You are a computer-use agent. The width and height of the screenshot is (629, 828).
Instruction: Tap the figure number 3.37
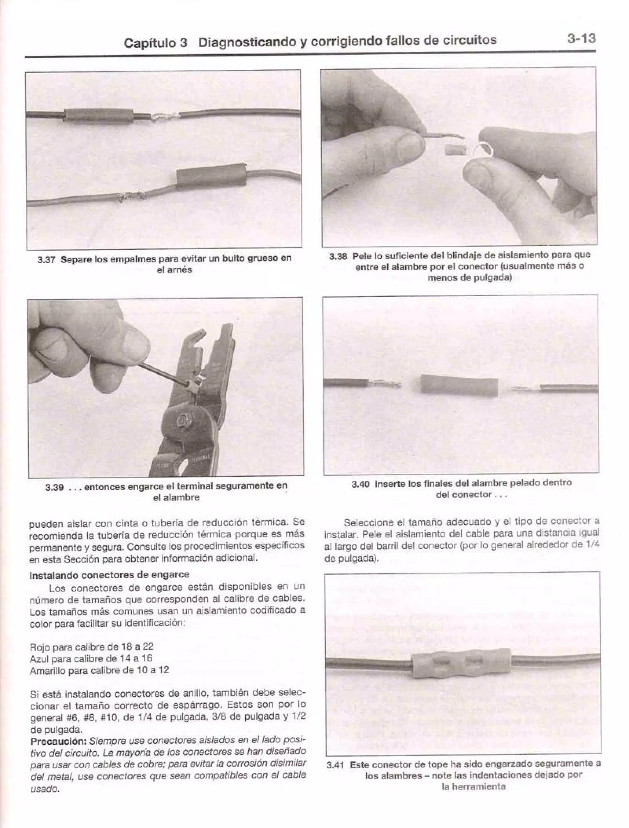47,260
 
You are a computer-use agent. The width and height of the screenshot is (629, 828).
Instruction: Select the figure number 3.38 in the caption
338,257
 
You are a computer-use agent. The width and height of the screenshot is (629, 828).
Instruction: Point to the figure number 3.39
54,488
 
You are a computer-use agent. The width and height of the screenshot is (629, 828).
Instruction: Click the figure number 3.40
361,485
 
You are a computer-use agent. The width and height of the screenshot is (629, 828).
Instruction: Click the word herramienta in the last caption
473,787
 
